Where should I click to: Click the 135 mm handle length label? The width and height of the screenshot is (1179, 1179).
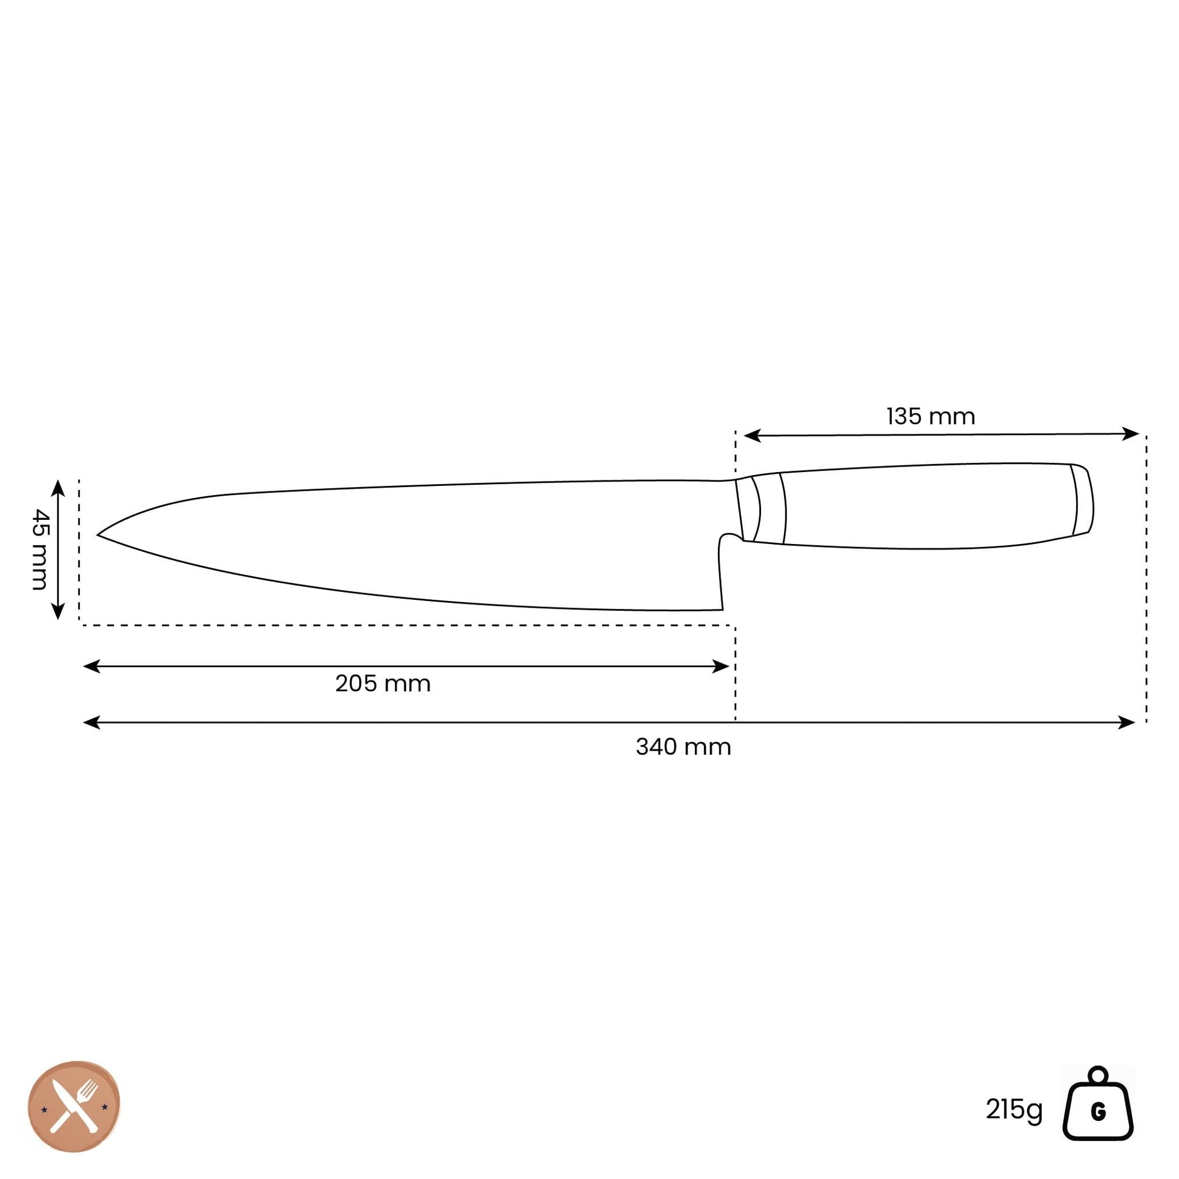(x=931, y=417)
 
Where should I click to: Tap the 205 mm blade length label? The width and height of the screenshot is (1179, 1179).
(x=383, y=683)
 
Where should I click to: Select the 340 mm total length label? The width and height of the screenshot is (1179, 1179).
(x=683, y=747)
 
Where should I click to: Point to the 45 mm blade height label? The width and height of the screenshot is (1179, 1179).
(x=39, y=550)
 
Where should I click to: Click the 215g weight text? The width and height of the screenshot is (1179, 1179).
(x=1014, y=1110)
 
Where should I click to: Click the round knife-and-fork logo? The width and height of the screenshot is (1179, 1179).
(x=74, y=1106)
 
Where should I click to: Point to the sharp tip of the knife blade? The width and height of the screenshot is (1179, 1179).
(x=98, y=535)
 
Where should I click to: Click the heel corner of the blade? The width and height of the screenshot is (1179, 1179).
(x=723, y=609)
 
